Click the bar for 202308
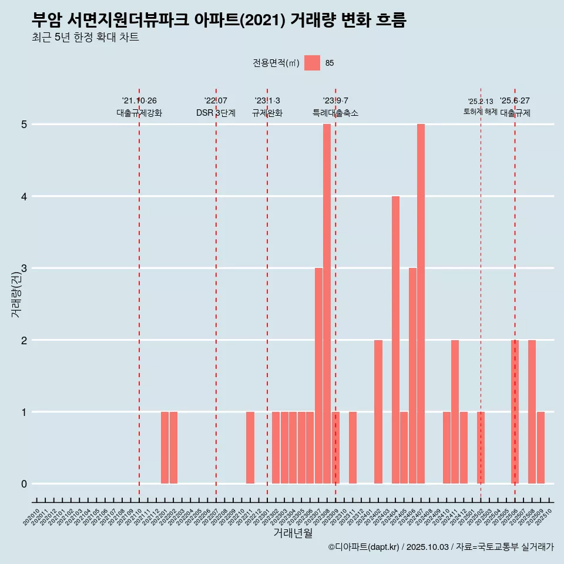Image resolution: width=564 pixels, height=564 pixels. (x=327, y=304)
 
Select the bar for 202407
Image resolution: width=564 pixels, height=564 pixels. (x=421, y=304)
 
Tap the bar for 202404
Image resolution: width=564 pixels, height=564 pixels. (x=395, y=340)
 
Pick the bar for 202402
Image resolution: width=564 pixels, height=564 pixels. (x=378, y=411)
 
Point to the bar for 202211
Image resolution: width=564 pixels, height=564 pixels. (x=250, y=448)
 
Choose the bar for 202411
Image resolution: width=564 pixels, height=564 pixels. (x=455, y=411)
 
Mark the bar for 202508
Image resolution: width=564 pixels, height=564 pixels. (x=532, y=411)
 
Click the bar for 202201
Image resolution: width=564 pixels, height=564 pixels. (x=165, y=448)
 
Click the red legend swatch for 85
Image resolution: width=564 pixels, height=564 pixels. (x=312, y=63)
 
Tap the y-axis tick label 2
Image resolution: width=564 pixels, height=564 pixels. (x=24, y=340)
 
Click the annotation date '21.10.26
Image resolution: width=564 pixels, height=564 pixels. (x=139, y=100)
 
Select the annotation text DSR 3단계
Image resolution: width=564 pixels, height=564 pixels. (x=216, y=113)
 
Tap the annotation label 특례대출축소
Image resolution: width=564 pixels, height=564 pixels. (x=335, y=113)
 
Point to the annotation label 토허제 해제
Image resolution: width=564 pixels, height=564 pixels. (x=481, y=112)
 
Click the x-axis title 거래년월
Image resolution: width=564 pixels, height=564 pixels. (x=293, y=533)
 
